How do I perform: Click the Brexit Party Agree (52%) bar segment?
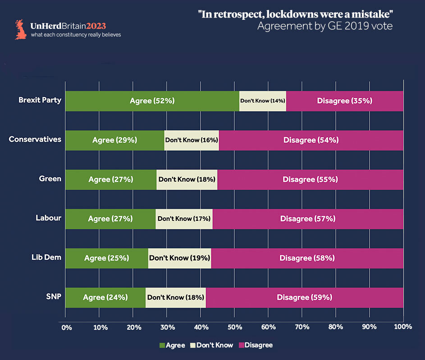(152, 101)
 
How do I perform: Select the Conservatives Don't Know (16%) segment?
(192, 140)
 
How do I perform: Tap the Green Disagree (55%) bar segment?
(310, 179)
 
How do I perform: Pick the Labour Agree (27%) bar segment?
(110, 219)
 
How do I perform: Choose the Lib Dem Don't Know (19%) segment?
(179, 258)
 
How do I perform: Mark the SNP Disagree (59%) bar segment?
(305, 297)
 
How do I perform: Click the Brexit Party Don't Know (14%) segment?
(263, 101)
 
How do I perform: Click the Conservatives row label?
(35, 139)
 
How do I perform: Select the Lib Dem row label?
(46, 257)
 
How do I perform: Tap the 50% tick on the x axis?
(234, 326)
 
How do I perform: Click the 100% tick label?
(402, 326)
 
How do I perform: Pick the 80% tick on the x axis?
(335, 326)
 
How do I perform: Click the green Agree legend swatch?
(162, 346)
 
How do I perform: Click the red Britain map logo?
(20, 29)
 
